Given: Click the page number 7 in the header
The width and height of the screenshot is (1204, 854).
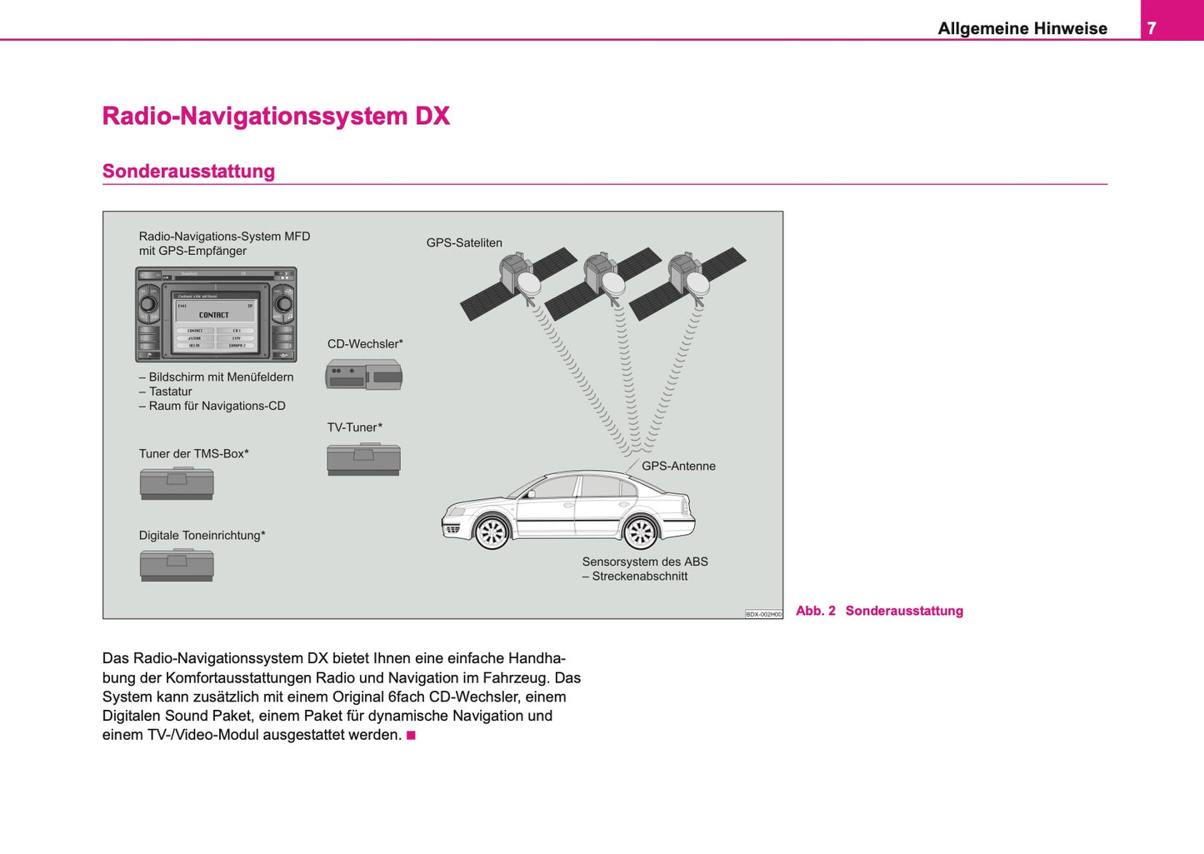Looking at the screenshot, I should point(1152,28).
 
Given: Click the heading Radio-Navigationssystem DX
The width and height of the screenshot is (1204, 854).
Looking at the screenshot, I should point(276,116).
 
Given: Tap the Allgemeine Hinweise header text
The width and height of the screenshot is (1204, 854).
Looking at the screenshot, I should point(1022,28).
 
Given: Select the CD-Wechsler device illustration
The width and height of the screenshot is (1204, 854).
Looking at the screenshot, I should point(363,375).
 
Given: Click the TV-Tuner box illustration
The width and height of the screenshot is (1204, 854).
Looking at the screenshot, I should point(363,459).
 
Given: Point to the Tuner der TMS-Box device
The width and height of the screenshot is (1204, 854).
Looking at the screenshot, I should point(177,483).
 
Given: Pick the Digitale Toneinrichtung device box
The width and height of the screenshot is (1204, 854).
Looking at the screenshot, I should point(177,565).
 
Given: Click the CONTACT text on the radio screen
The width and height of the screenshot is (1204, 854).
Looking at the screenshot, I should point(214,315).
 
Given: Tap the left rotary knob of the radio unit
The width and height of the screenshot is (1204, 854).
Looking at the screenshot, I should point(148,304).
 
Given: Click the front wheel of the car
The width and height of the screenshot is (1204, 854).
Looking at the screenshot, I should point(491,532).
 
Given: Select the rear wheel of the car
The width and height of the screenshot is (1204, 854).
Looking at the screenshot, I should point(640,532).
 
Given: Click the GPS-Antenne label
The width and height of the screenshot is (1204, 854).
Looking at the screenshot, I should point(678,467).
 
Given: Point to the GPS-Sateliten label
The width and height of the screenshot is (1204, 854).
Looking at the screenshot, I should point(464,243).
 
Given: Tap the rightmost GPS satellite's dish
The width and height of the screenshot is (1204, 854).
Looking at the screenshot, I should point(697,283).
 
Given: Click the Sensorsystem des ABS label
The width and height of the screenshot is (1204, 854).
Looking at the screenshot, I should point(645,562).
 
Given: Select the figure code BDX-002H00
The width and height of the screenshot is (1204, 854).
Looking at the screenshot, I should point(763,614).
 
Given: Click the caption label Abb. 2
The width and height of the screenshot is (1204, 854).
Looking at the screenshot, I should point(815,611).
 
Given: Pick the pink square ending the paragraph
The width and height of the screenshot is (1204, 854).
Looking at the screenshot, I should point(411,736).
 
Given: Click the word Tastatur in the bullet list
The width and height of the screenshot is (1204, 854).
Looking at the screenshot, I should point(170,392).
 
